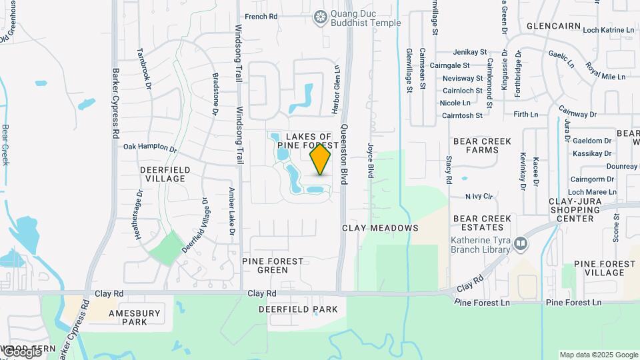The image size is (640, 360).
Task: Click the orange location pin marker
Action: pyautogui.click(x=321, y=159)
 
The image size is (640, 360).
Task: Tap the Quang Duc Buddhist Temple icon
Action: pyautogui.click(x=321, y=17)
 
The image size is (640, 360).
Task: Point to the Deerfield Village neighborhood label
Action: pyautogui.click(x=165, y=175)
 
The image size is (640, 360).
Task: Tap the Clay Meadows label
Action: pyautogui.click(x=380, y=228)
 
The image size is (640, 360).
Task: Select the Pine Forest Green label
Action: pyautogui.click(x=273, y=265)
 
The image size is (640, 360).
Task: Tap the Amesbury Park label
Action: pyautogui.click(x=135, y=317)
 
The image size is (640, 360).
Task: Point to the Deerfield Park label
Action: pyautogui.click(x=298, y=309)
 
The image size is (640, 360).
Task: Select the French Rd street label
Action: pyautogui.click(x=261, y=17)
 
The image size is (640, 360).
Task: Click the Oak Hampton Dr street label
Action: pyautogui.click(x=151, y=147)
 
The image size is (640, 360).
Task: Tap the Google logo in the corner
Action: pyautogui.click(x=21, y=351)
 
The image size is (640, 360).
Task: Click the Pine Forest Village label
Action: pyautogui.click(x=604, y=268)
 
